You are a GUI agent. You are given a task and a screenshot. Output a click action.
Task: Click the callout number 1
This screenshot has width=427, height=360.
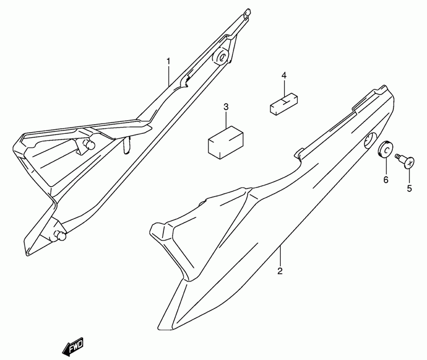(x=169, y=62)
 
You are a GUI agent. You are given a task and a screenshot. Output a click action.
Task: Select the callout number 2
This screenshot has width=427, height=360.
(x=280, y=271)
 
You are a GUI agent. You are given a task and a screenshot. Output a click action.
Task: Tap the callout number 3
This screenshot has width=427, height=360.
(x=226, y=107)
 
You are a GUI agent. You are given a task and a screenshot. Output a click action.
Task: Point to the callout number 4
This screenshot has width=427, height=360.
(x=284, y=76)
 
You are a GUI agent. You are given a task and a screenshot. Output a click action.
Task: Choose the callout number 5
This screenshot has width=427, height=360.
(x=409, y=188)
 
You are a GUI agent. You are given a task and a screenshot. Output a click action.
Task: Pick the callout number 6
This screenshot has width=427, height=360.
(x=385, y=179)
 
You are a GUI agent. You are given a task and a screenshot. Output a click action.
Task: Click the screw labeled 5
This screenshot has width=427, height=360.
(x=405, y=160)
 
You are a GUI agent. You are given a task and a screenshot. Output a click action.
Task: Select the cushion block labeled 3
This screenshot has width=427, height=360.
(x=225, y=142)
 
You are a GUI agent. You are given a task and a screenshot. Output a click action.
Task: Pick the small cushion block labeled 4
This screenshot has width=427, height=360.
(x=284, y=104)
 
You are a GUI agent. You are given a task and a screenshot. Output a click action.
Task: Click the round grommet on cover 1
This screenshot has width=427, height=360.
(x=221, y=57)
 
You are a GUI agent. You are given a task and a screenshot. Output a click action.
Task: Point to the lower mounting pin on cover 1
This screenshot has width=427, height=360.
(x=60, y=235)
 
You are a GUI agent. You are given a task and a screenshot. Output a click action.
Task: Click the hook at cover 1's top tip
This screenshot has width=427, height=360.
(x=247, y=14)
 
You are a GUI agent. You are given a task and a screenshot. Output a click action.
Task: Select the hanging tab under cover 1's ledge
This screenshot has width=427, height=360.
(x=126, y=145)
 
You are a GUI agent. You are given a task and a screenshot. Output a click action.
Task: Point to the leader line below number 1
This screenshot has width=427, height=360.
(x=169, y=76)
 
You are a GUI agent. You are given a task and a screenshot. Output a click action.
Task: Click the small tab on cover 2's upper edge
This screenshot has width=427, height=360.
(x=299, y=153)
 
